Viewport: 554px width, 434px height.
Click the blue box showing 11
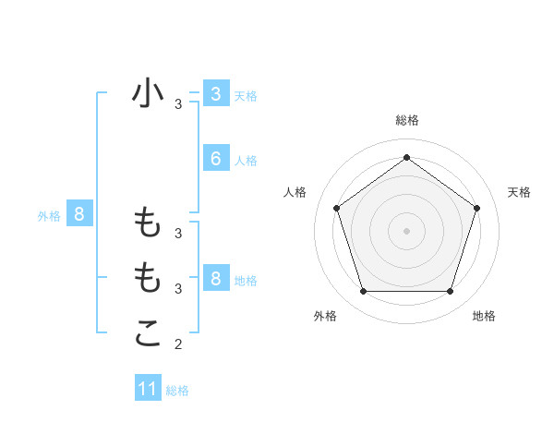(148, 389)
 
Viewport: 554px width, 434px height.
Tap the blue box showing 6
(215, 159)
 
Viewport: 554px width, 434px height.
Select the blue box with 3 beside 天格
(215, 94)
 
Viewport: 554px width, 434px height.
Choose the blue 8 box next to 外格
(79, 215)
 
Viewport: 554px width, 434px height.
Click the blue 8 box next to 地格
(215, 278)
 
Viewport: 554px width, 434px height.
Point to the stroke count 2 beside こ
(178, 345)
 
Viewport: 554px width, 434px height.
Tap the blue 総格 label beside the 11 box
(177, 391)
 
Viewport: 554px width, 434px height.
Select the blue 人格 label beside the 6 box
(246, 161)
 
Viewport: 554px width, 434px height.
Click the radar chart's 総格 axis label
(407, 120)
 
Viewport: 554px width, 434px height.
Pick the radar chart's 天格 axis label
(519, 192)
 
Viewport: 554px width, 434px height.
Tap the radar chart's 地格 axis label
(484, 316)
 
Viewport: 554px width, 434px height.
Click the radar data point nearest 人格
(337, 208)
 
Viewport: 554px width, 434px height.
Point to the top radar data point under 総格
(407, 157)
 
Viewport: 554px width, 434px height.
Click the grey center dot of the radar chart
(407, 230)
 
